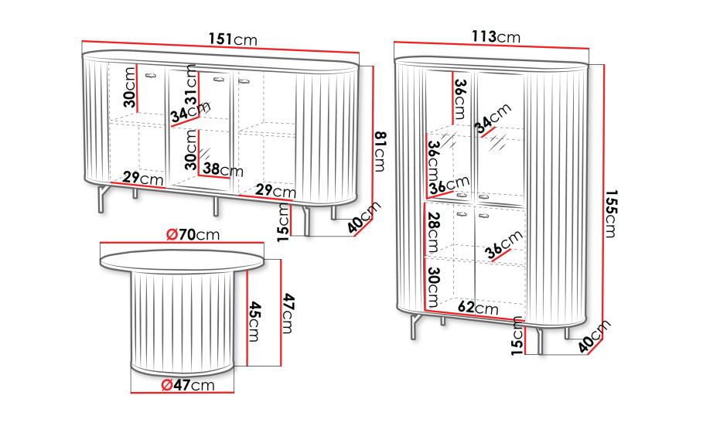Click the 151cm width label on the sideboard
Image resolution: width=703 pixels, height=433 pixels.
point(233,39)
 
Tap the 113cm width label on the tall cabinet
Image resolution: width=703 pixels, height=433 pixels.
point(496,37)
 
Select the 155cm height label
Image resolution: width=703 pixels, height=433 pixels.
point(611,213)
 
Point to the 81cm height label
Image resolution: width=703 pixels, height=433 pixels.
point(380,152)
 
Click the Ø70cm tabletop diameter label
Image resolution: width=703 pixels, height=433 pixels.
point(193,234)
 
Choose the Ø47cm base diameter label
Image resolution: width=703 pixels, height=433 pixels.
point(188,384)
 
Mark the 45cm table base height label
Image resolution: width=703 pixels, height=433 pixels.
point(254,321)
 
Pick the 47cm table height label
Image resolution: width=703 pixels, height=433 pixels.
point(288,313)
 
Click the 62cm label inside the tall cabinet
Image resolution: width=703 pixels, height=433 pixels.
point(478,308)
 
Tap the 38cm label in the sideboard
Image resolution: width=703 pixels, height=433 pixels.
point(223,169)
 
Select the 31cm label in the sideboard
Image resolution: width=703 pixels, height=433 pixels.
point(191,84)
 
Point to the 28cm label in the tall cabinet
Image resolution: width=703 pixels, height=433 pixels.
point(433,232)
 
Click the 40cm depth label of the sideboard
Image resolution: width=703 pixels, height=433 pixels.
point(364,217)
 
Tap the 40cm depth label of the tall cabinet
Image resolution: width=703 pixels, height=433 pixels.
point(594,336)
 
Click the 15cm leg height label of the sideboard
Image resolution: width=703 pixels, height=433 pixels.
point(283,223)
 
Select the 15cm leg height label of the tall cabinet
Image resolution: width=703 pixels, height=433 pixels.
point(517,336)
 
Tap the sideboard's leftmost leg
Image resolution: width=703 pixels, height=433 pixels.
point(103,198)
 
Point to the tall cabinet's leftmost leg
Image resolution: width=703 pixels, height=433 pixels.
point(415,326)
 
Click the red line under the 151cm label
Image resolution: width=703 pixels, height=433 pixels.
point(220,46)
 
